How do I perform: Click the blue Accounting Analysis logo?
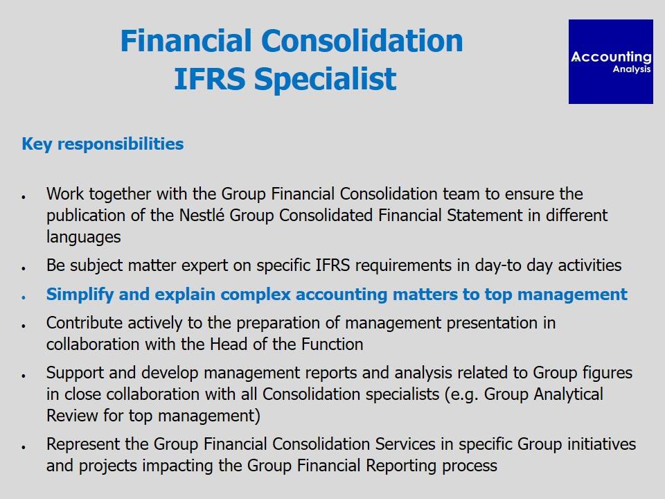pos(611,62)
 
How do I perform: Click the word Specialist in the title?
pos(326,79)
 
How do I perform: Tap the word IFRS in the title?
pos(210,79)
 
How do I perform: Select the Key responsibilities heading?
pos(103,144)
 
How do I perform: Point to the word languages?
pos(84,237)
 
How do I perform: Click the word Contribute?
pos(85,323)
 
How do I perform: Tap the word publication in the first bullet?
pos(86,215)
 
